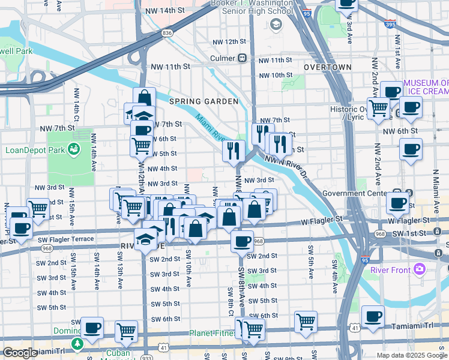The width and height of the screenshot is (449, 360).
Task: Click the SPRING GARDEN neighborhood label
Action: point(203,101)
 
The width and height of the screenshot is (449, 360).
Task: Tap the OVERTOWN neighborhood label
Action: point(327,67)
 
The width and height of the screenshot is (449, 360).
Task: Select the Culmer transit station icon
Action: point(243,58)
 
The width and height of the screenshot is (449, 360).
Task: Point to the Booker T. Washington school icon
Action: point(276,24)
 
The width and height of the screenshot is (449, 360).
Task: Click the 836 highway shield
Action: point(167,33)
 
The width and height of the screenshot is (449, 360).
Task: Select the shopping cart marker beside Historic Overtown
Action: point(378,110)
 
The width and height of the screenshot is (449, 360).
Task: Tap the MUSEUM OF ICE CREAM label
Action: point(426,87)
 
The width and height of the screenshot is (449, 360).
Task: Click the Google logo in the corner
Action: point(19,353)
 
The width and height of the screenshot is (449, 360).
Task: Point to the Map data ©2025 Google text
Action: point(412,355)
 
